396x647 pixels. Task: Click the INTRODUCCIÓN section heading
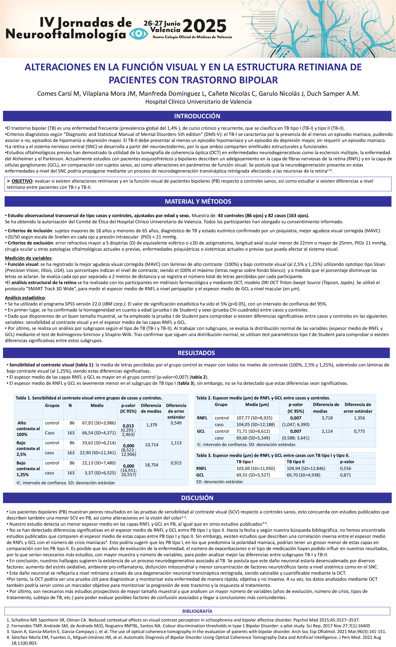(x=197, y=116)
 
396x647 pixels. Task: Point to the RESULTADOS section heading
(x=196, y=353)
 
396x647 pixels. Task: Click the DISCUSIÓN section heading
(x=197, y=498)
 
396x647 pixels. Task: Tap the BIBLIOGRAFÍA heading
(x=197, y=611)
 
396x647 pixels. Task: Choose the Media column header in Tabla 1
(x=97, y=405)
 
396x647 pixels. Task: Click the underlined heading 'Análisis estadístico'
(x=25, y=298)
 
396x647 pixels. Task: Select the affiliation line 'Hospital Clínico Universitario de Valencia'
(x=198, y=102)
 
